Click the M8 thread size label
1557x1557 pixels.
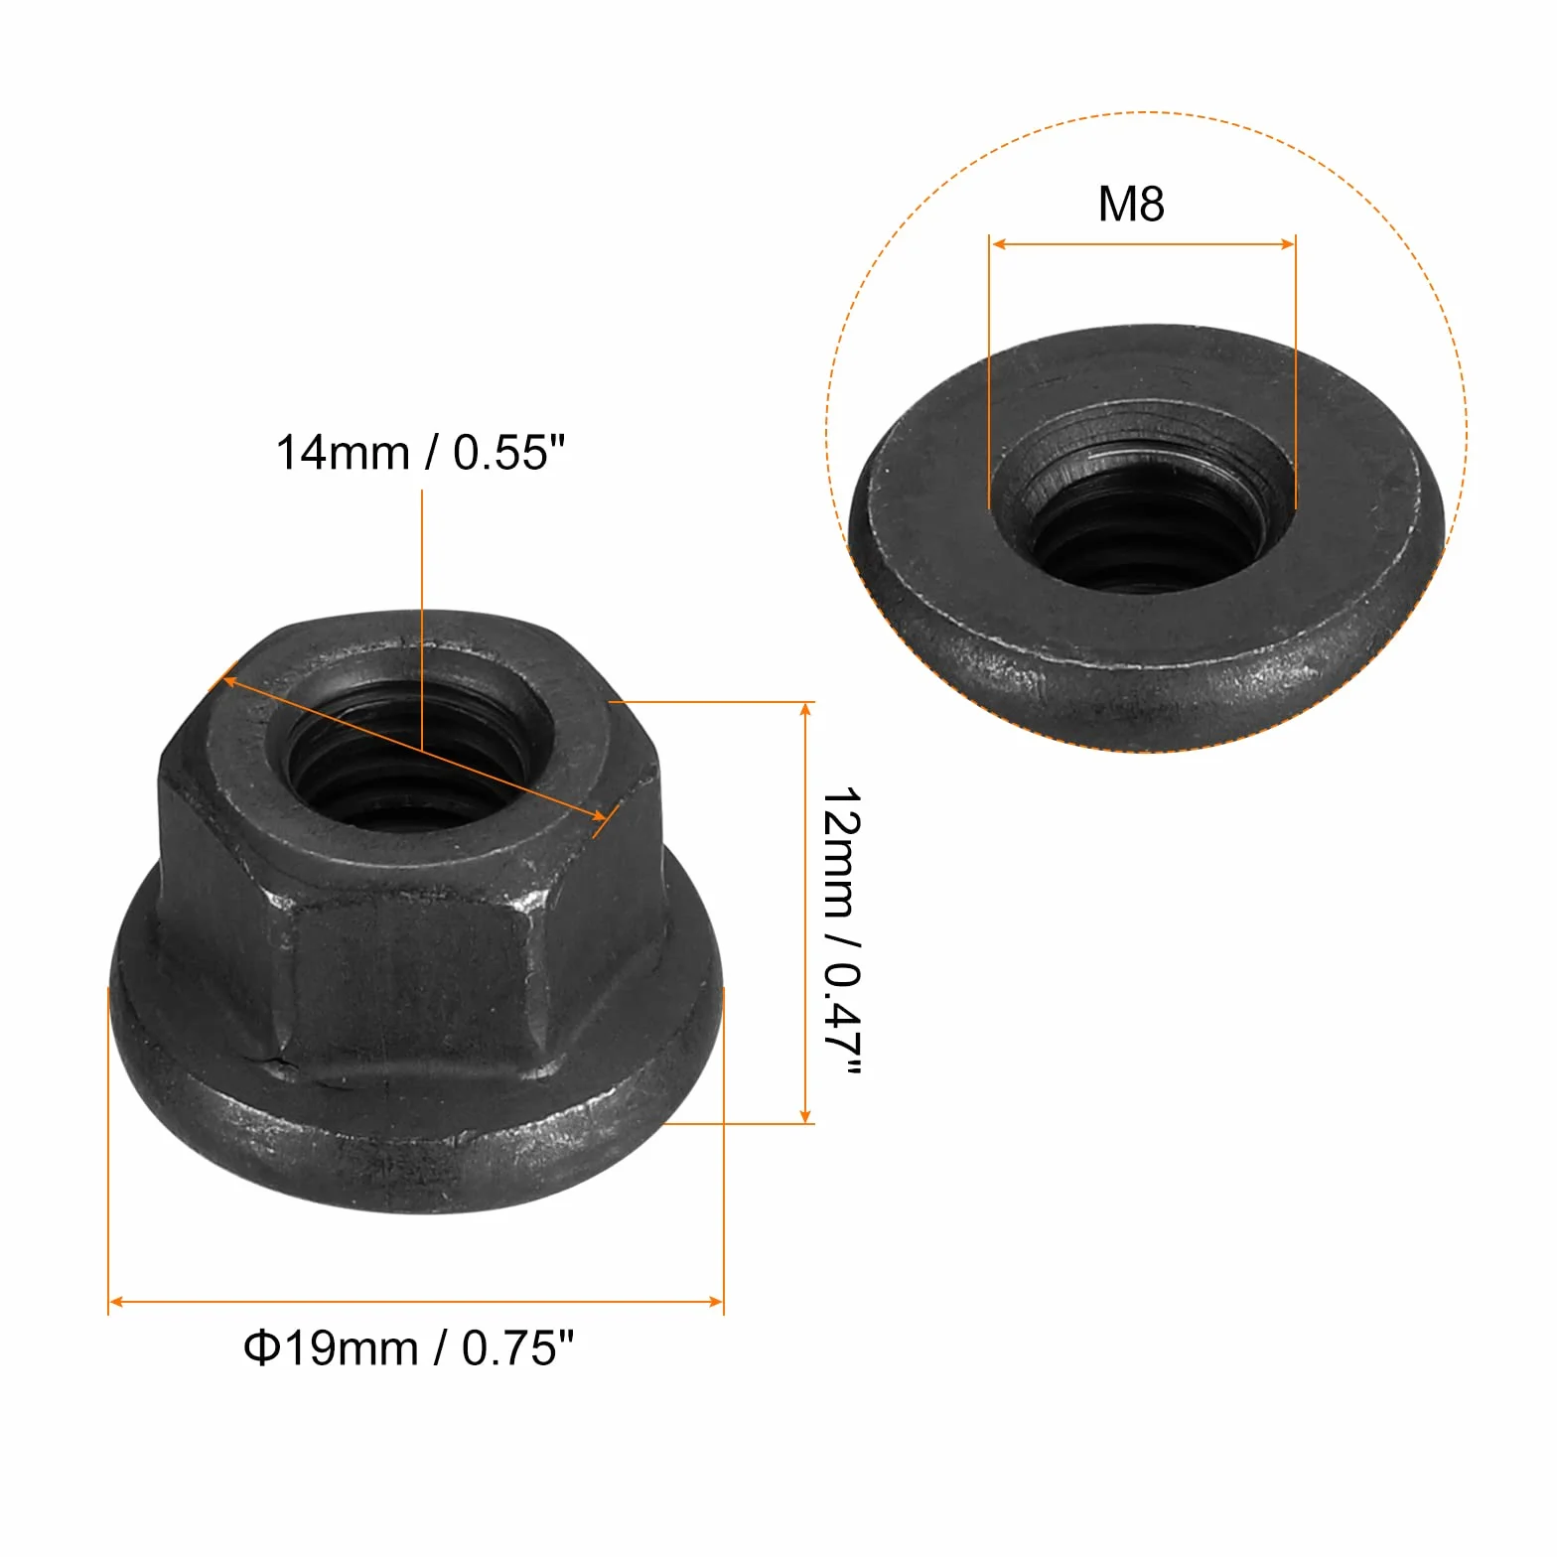coord(1130,204)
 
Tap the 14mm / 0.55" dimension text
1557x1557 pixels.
coord(420,453)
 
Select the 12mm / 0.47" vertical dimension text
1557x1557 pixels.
coord(841,931)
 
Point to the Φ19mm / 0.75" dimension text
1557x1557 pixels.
coord(409,1348)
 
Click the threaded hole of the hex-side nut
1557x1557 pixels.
coord(410,753)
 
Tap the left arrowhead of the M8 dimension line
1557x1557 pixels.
coord(999,243)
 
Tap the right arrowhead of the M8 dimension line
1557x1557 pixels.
coord(1286,243)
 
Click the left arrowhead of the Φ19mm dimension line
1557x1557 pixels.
coord(117,1302)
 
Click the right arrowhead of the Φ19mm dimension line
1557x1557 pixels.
coord(714,1302)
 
